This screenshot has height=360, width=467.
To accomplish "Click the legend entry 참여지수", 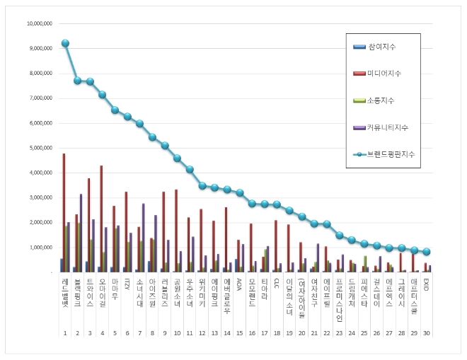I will click(381, 47).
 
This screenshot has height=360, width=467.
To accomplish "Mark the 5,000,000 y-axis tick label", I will click(40, 148).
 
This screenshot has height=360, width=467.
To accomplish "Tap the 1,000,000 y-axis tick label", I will click(40, 248).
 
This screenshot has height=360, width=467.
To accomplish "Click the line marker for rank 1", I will click(65, 43).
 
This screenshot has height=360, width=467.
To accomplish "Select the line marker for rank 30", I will click(426, 252).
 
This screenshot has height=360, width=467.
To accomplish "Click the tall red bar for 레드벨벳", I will click(64, 212).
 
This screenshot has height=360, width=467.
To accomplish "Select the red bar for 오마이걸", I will click(101, 219).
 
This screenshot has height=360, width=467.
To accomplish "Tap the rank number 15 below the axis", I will click(238, 332).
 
